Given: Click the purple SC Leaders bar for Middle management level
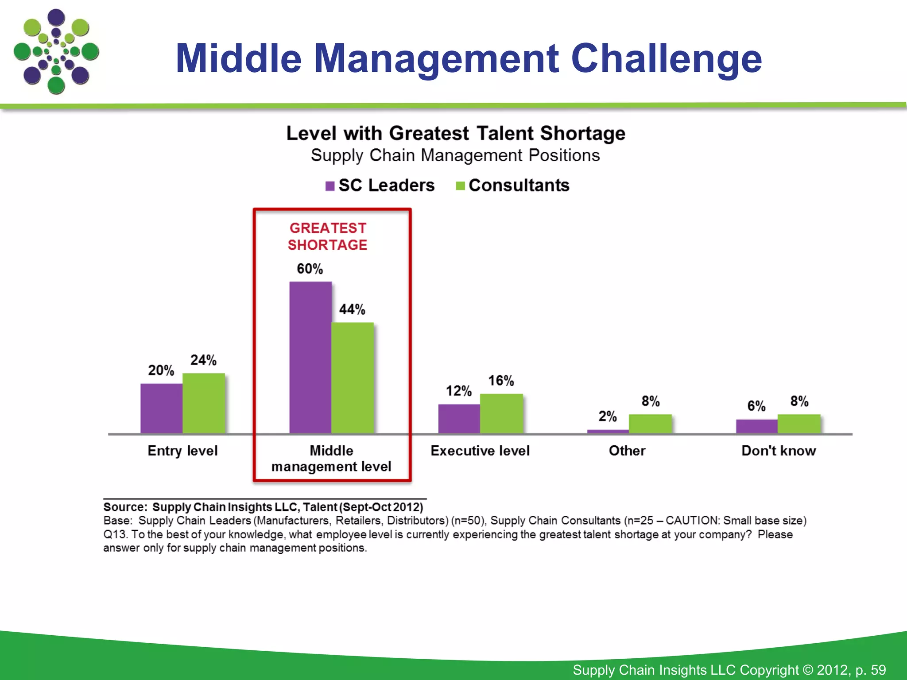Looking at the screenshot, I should point(310,358).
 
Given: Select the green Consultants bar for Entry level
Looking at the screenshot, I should point(204,403).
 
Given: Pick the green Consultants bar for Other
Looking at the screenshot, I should point(650,424).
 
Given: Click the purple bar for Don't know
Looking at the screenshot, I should point(756,426).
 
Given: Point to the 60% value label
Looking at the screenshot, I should point(310,269).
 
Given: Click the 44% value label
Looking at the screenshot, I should point(352,309).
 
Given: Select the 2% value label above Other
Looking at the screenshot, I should point(608,416).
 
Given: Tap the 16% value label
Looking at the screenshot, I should point(501,381).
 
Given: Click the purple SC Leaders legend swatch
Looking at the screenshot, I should point(330,186).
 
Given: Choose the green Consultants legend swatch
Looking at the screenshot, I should point(460,186).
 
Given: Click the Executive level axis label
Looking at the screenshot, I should point(480,451).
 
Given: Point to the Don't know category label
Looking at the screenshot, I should point(779,451).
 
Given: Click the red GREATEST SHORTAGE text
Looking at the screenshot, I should point(328,236).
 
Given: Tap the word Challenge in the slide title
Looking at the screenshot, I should point(666,58).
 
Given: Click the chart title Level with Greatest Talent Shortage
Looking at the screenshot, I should point(456,133).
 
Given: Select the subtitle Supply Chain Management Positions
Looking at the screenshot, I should point(455,155).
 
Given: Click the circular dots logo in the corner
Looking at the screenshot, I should point(56,51).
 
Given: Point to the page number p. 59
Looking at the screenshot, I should point(871,670).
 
